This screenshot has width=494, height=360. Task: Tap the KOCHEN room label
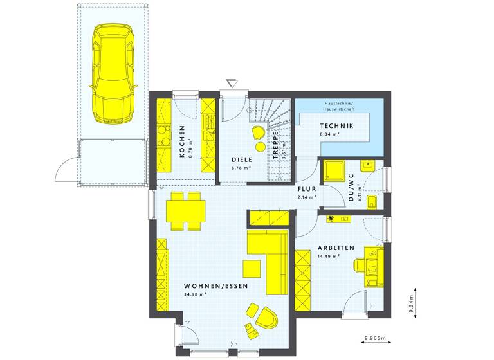point(182,141)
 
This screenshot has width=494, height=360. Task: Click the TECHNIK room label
point(336,125)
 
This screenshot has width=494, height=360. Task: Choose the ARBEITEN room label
point(335,248)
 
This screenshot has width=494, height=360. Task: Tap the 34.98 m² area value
point(194,294)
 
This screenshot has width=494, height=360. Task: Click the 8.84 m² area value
point(331,134)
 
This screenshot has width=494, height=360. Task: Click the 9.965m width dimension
point(375,337)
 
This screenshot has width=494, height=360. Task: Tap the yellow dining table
point(185,210)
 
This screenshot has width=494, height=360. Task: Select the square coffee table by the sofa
point(252,267)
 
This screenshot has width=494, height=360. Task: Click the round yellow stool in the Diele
point(260,147)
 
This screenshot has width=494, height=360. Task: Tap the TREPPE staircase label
point(275,145)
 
